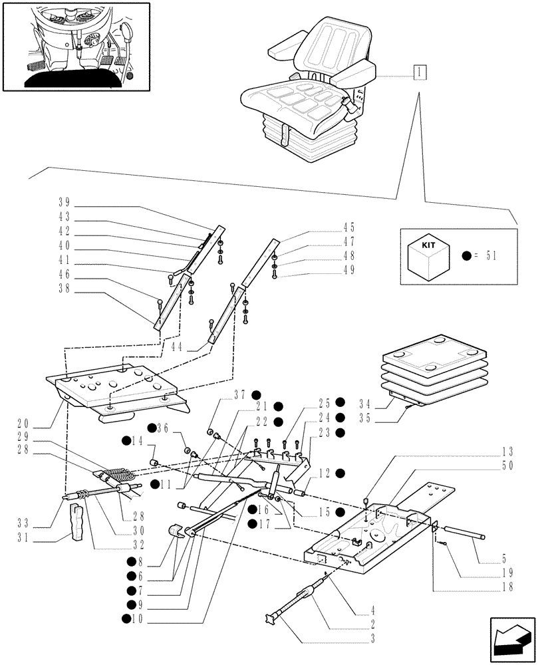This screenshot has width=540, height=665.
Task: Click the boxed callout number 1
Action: click(420, 72)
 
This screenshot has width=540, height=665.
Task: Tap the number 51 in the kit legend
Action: click(490, 255)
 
